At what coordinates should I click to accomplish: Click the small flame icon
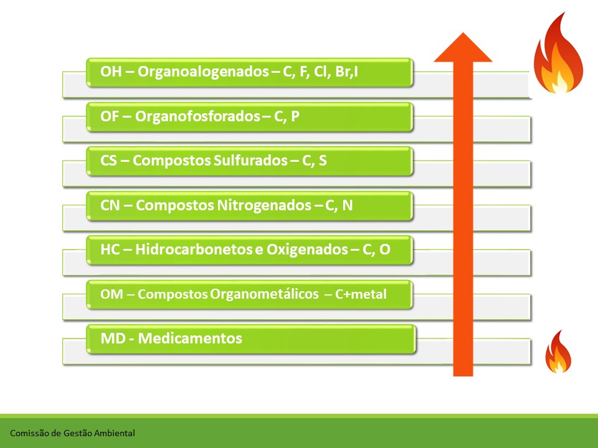click(x=558, y=352)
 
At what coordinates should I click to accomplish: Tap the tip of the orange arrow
click(x=463, y=33)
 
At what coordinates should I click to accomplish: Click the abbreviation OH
click(x=111, y=72)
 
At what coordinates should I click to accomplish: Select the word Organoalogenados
click(x=203, y=72)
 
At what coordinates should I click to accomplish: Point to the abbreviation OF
click(x=110, y=116)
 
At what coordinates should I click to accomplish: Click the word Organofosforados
click(x=197, y=116)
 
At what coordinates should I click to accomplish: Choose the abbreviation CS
click(x=108, y=161)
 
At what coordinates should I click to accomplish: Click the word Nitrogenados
click(x=264, y=205)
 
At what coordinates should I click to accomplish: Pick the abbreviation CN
click(x=110, y=205)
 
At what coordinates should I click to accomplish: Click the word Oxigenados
click(x=307, y=250)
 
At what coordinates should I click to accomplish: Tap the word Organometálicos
click(x=264, y=294)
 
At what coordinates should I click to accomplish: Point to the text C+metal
click(x=361, y=294)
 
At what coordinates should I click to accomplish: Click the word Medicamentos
click(x=190, y=338)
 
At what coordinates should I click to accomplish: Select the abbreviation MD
click(x=113, y=338)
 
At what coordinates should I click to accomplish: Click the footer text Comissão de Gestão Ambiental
click(x=72, y=433)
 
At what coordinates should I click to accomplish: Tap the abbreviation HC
click(x=110, y=250)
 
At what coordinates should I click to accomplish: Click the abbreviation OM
click(x=112, y=294)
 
